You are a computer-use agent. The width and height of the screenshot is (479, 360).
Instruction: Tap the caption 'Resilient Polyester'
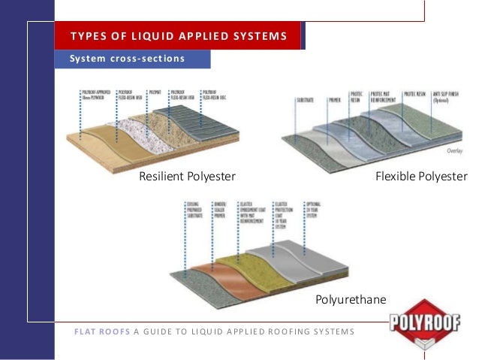click(x=187, y=177)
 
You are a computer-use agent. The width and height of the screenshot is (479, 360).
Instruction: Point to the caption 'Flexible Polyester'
click(x=424, y=177)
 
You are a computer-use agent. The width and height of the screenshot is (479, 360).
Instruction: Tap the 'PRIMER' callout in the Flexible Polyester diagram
click(x=335, y=98)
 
